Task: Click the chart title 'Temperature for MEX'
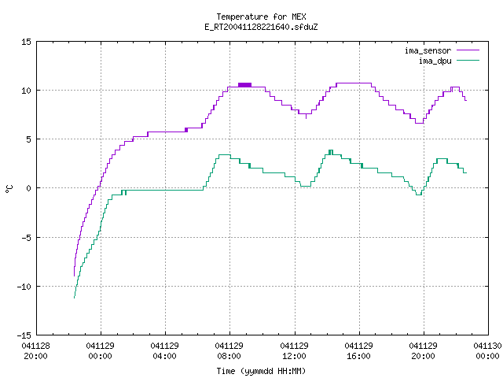[x=261, y=17]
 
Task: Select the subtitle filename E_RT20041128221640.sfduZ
[x=261, y=27]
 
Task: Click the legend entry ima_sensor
[x=428, y=50]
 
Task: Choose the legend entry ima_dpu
[x=435, y=61]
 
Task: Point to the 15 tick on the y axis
[x=26, y=42]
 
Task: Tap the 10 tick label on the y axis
[x=26, y=91]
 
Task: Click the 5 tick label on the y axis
[x=28, y=139]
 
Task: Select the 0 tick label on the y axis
[x=28, y=188]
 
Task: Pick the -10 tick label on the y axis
[x=24, y=287]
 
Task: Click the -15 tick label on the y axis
[x=24, y=335]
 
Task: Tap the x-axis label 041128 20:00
[x=35, y=351]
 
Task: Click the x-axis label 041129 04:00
[x=164, y=351]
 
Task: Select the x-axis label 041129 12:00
[x=294, y=351]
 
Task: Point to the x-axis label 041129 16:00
[x=358, y=351]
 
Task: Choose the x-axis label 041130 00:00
[x=487, y=351]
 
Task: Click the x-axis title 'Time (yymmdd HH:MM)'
[x=261, y=371]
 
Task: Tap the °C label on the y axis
[x=9, y=189]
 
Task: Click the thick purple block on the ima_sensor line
[x=244, y=85]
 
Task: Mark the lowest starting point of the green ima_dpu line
[x=74, y=298]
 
